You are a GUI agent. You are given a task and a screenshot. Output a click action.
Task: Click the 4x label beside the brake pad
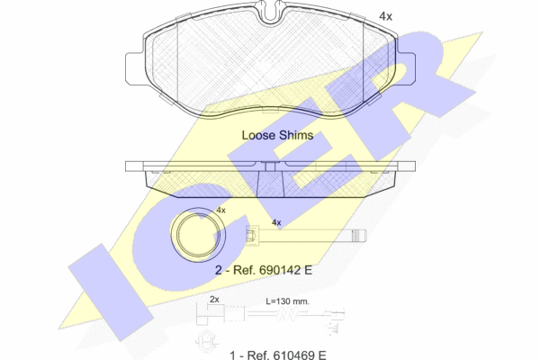[385, 16]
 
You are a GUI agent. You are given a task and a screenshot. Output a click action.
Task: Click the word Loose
[258, 135]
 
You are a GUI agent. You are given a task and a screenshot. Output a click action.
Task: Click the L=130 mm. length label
[288, 301]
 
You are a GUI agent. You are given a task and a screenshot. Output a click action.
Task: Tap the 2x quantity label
[214, 300]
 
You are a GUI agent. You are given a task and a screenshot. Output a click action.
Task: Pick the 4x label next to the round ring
[220, 210]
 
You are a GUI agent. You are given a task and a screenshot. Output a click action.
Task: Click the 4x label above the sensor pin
[276, 222]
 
